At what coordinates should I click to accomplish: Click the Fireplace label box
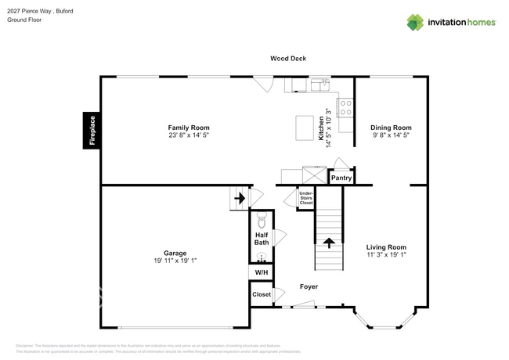pyautogui.click(x=92, y=130)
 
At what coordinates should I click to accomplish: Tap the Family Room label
pyautogui.click(x=189, y=128)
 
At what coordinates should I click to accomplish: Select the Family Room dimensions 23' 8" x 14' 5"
pyautogui.click(x=189, y=135)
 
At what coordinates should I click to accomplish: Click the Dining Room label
pyautogui.click(x=391, y=128)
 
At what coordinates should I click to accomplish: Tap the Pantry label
pyautogui.click(x=341, y=178)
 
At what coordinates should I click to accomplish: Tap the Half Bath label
pyautogui.click(x=262, y=238)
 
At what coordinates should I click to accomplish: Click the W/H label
pyautogui.click(x=261, y=272)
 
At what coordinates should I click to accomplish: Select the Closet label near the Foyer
pyautogui.click(x=261, y=294)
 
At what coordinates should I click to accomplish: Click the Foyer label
pyautogui.click(x=309, y=286)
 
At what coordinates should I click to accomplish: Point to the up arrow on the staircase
pyautogui.click(x=330, y=243)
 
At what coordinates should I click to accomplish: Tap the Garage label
pyautogui.click(x=175, y=253)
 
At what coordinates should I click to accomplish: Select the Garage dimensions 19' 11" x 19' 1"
pyautogui.click(x=175, y=261)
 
